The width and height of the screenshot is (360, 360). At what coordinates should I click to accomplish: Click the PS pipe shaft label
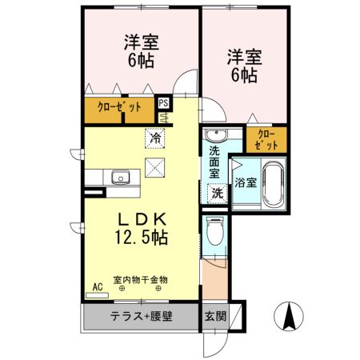[x=163, y=103]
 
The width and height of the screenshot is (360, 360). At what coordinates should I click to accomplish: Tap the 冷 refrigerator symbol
[x=155, y=137]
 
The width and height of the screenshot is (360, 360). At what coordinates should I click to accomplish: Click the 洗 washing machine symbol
[x=216, y=191]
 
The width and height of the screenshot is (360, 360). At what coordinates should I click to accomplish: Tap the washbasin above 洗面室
[x=215, y=135]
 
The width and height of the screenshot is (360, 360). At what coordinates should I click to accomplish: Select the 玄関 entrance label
[x=214, y=314]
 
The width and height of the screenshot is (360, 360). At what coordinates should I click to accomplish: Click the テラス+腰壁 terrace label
[x=140, y=314]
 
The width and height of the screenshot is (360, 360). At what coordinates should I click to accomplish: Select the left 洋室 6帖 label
[x=138, y=50]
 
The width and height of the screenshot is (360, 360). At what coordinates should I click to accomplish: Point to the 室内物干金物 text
[x=140, y=279]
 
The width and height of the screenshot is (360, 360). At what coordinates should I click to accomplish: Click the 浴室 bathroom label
[x=245, y=182]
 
